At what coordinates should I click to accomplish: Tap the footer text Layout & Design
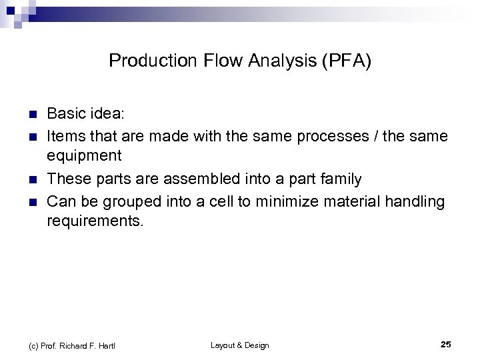pyautogui.click(x=239, y=345)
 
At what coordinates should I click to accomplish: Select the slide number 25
pyautogui.click(x=446, y=345)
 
